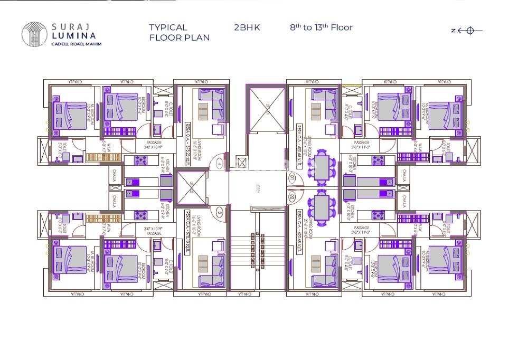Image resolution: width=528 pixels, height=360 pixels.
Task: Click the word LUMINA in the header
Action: tap(74, 35)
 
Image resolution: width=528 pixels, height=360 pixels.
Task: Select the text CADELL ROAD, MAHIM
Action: tap(77, 44)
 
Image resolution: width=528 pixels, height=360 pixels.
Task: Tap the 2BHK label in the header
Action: tap(247, 27)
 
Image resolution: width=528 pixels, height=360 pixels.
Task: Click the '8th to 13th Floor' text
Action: tap(321, 27)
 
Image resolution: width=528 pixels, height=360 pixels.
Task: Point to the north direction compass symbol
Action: tap(467, 31)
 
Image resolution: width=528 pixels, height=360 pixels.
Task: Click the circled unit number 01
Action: tap(292, 178)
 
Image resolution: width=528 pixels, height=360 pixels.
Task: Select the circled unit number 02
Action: tap(292, 197)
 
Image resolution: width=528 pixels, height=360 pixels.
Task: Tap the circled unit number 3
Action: tap(220, 212)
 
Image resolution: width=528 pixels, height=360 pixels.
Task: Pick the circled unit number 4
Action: tap(220, 164)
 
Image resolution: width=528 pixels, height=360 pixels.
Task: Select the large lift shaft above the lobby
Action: tap(266, 110)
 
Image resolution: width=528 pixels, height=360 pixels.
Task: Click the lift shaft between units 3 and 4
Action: tap(192, 187)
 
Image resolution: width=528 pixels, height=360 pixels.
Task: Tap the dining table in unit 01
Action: tap(322, 168)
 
